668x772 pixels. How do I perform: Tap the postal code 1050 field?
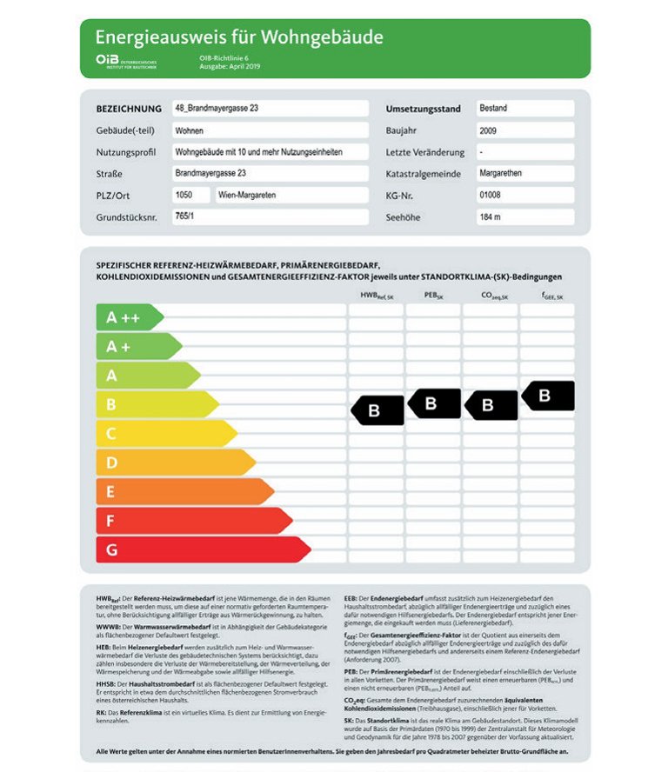(190, 196)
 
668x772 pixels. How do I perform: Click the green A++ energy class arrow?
(128, 317)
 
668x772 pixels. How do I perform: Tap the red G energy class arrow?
(202, 549)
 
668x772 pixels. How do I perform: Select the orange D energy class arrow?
(174, 463)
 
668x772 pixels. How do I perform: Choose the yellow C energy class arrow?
(165, 433)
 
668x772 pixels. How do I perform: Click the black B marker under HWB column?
(377, 410)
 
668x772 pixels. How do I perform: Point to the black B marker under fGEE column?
(547, 396)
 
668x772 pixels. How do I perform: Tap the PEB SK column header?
(433, 296)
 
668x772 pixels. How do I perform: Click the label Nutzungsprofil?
(126, 152)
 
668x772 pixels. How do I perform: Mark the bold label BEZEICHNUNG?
(129, 109)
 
